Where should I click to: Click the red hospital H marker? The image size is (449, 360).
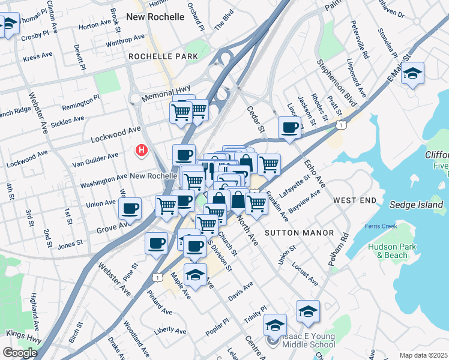point(142,150)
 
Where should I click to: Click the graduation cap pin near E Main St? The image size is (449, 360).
point(412,74)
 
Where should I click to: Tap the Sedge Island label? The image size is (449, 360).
point(417,205)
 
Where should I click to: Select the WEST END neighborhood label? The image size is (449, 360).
point(355,200)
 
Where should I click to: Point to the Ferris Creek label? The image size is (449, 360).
point(381,226)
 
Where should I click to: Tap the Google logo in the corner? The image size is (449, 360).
point(20,353)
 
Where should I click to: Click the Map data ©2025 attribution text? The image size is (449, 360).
point(423,355)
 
